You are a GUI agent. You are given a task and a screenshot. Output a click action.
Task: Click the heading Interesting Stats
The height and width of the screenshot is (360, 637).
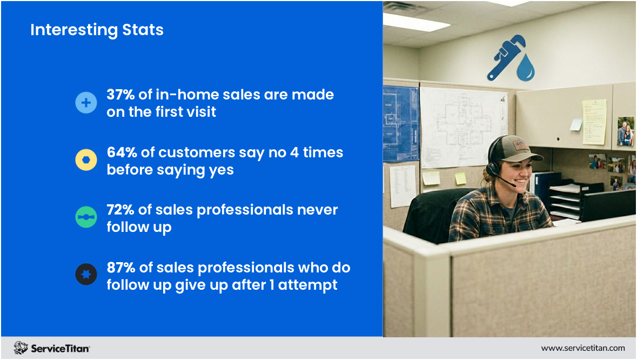(x=97, y=30)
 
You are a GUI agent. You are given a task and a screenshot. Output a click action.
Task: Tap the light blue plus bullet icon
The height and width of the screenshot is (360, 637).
(x=86, y=102)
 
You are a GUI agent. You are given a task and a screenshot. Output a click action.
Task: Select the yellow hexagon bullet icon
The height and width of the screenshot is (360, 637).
(x=86, y=159)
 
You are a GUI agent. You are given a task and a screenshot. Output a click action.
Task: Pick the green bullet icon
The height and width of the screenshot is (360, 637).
(x=86, y=217)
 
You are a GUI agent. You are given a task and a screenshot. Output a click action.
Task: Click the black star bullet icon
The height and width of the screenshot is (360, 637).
(x=86, y=274)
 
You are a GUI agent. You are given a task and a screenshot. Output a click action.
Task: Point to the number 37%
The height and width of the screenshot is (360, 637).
(x=120, y=95)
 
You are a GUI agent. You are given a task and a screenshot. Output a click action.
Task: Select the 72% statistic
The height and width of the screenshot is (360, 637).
(x=120, y=210)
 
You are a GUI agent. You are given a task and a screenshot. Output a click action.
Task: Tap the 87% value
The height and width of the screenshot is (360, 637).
(x=121, y=268)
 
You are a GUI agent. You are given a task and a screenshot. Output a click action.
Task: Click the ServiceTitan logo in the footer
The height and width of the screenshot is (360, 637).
(x=51, y=348)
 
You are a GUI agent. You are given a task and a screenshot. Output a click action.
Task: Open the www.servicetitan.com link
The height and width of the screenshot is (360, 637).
(x=583, y=348)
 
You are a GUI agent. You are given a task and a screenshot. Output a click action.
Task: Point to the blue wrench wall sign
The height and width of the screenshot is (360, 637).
(x=506, y=57)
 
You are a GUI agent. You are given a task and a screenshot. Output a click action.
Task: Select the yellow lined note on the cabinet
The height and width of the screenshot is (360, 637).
(x=594, y=122)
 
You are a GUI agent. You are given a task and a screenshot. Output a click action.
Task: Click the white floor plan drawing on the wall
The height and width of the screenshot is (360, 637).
(x=462, y=127)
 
